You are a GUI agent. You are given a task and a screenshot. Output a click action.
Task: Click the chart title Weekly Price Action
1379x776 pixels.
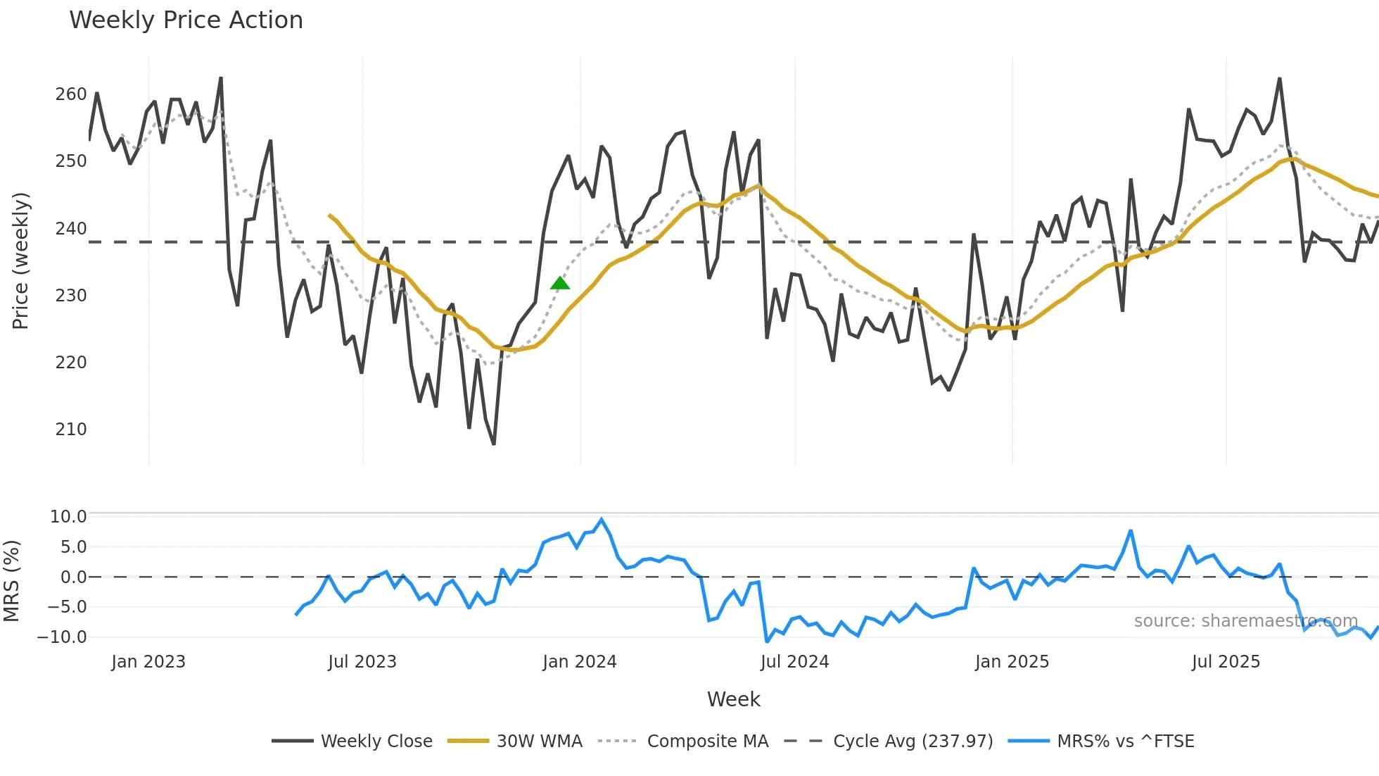(x=186, y=20)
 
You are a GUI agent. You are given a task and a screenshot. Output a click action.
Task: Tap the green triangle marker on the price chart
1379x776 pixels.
(x=560, y=284)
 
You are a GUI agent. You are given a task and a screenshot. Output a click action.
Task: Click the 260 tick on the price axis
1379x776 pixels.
(x=71, y=94)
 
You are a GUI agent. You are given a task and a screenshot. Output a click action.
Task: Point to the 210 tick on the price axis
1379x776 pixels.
(x=71, y=430)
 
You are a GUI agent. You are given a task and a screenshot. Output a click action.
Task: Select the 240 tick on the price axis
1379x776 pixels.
(x=71, y=229)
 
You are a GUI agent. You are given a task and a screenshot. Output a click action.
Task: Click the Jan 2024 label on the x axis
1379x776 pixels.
(x=579, y=662)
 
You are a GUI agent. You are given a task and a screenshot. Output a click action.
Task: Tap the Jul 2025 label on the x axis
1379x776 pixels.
(x=1226, y=662)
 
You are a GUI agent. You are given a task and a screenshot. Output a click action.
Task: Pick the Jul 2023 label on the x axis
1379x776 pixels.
(x=362, y=662)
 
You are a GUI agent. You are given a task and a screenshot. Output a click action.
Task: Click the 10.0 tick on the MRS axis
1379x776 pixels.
(x=68, y=517)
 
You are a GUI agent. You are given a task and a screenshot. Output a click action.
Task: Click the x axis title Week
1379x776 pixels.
(x=733, y=699)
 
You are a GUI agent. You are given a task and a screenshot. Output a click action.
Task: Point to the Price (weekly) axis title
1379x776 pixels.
(x=20, y=261)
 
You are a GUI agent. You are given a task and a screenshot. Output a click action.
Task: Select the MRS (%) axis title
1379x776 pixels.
(x=12, y=581)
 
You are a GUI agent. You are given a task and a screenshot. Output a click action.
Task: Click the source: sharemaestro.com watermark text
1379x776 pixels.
(x=1245, y=621)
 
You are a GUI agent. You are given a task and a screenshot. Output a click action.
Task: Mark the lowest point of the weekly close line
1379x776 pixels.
(x=494, y=444)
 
